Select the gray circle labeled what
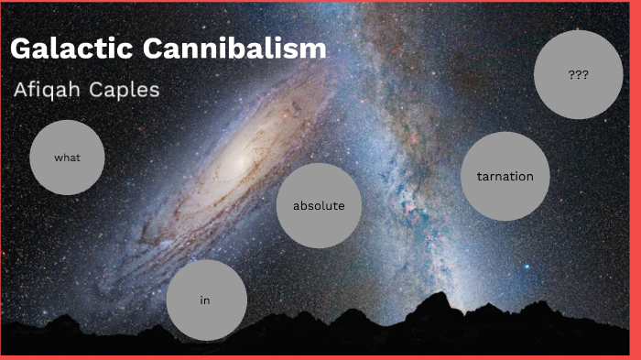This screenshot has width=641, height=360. click(x=67, y=158)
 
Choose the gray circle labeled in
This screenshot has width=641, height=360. click(x=207, y=300)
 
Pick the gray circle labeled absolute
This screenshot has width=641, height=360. click(x=319, y=206)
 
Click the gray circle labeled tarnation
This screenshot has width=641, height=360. click(x=505, y=176)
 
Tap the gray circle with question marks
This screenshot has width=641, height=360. click(x=578, y=75)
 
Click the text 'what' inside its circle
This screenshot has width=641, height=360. click(x=67, y=158)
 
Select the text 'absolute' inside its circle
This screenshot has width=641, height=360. click(x=319, y=206)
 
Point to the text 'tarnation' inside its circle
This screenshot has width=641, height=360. click(x=505, y=176)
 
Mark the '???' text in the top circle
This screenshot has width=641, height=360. click(x=578, y=75)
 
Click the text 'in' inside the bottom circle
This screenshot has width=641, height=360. click(x=206, y=300)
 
